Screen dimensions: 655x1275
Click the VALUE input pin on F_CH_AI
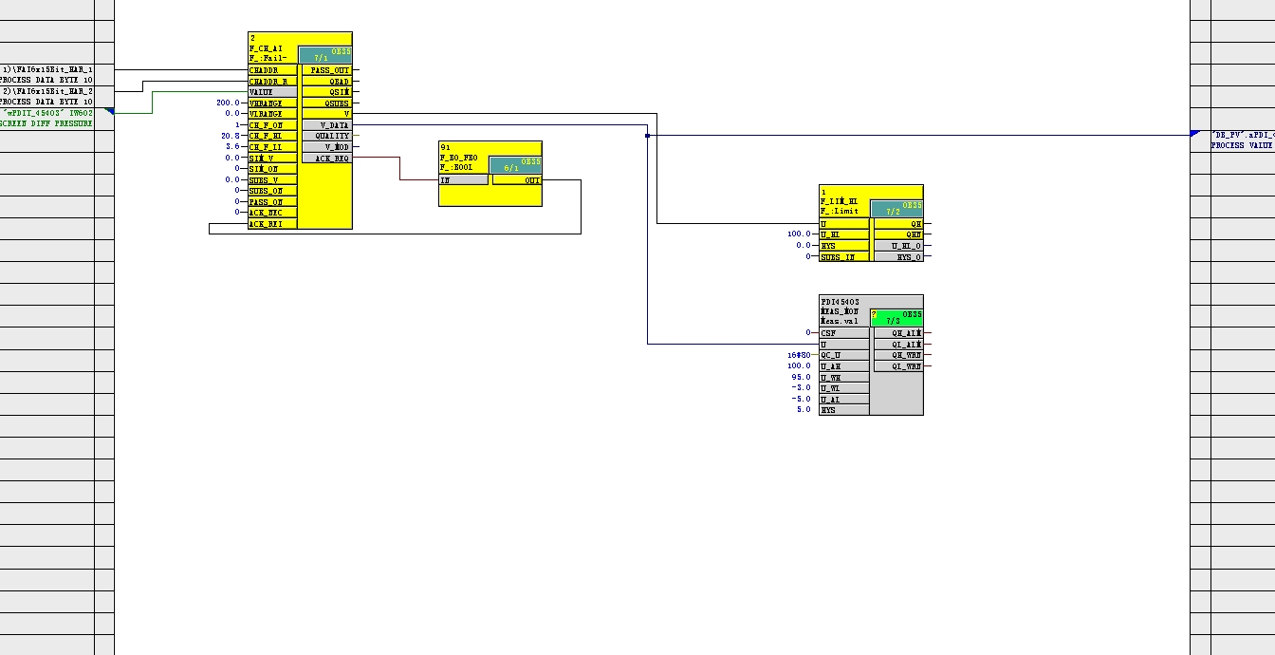pos(271,92)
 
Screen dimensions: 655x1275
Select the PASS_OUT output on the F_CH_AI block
pos(325,70)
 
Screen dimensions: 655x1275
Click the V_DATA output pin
pos(325,125)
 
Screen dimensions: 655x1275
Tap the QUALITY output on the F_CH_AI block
pos(325,136)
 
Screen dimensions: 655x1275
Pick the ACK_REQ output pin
pos(325,159)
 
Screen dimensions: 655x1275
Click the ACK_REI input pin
pos(271,224)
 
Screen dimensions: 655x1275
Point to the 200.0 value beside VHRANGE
pos(228,103)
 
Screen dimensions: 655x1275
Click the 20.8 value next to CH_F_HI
pos(231,136)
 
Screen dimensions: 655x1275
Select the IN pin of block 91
pos(463,179)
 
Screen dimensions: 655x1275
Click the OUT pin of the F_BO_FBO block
pos(517,179)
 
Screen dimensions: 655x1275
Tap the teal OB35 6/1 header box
pos(515,165)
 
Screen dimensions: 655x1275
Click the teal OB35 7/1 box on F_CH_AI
pos(324,54)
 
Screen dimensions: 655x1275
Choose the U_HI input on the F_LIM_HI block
pos(843,234)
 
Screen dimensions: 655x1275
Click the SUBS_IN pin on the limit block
pos(843,257)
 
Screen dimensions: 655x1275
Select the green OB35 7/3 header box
pos(896,318)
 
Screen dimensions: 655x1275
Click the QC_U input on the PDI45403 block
pos(843,355)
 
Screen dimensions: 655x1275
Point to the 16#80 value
pos(799,355)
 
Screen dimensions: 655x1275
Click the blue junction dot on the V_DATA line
pos(647,136)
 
